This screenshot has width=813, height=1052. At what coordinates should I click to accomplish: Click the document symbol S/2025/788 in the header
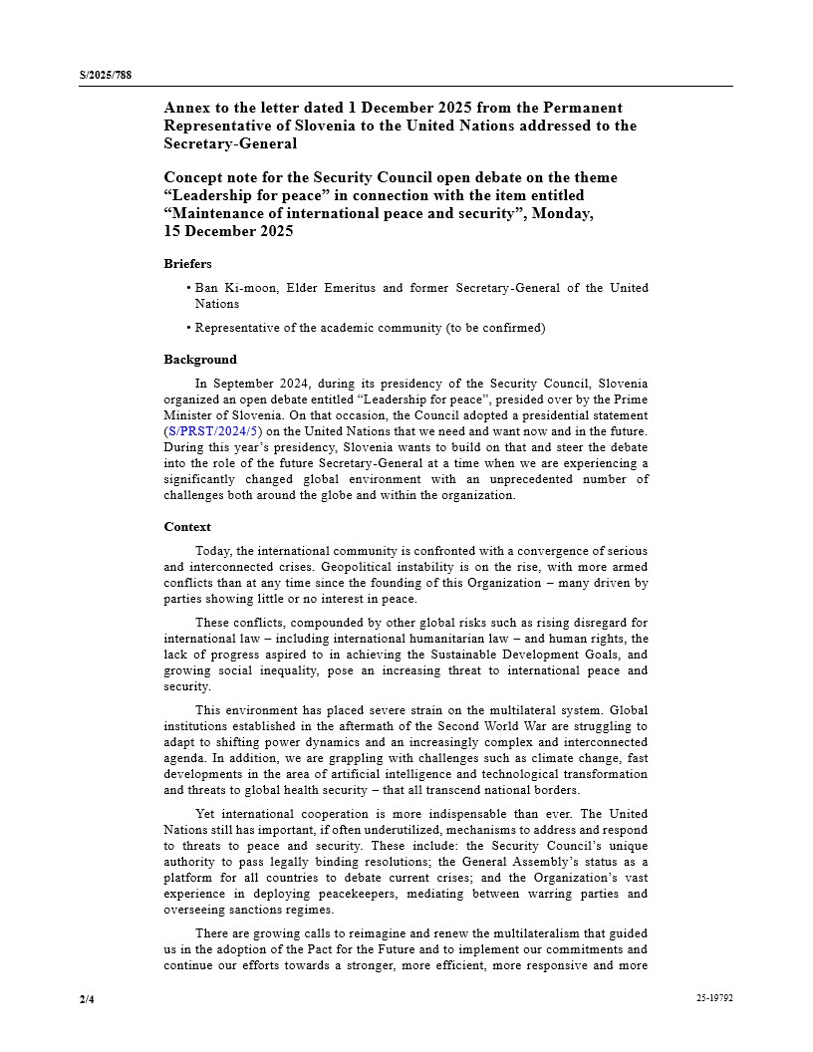(106, 75)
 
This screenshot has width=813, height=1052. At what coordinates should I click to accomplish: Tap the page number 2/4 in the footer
(87, 997)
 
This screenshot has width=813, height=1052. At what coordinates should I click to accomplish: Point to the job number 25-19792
(714, 997)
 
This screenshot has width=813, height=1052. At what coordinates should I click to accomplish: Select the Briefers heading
(187, 264)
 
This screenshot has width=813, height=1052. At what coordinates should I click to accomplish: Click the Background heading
(200, 360)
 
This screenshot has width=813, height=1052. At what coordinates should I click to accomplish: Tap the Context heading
(187, 527)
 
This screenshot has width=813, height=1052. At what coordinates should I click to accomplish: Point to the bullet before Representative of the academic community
(188, 328)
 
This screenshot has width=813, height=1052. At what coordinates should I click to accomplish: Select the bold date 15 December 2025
(228, 231)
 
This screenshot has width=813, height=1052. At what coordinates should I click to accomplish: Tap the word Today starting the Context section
(212, 551)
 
